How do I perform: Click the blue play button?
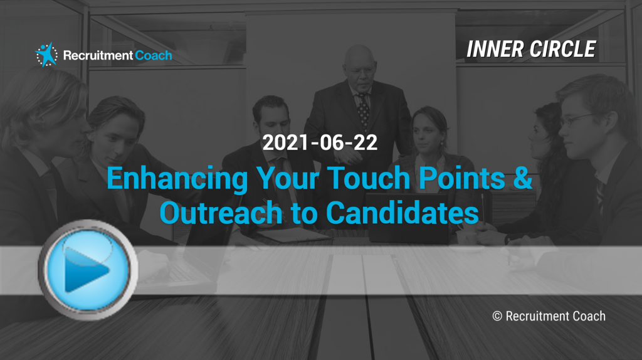pos(88,270)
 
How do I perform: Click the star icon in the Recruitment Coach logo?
pos(46,55)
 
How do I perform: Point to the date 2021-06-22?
pos(320,142)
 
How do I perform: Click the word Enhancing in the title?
pos(177,179)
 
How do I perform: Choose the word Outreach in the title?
pos(221,213)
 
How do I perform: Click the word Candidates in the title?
pos(402,213)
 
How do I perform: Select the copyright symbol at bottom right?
pos(497,316)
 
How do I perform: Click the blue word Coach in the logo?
pos(154,55)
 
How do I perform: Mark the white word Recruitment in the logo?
pos(98,55)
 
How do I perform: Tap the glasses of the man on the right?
pos(578,119)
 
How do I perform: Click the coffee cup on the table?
pos(466,238)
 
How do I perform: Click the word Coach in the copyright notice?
pos(589,316)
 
